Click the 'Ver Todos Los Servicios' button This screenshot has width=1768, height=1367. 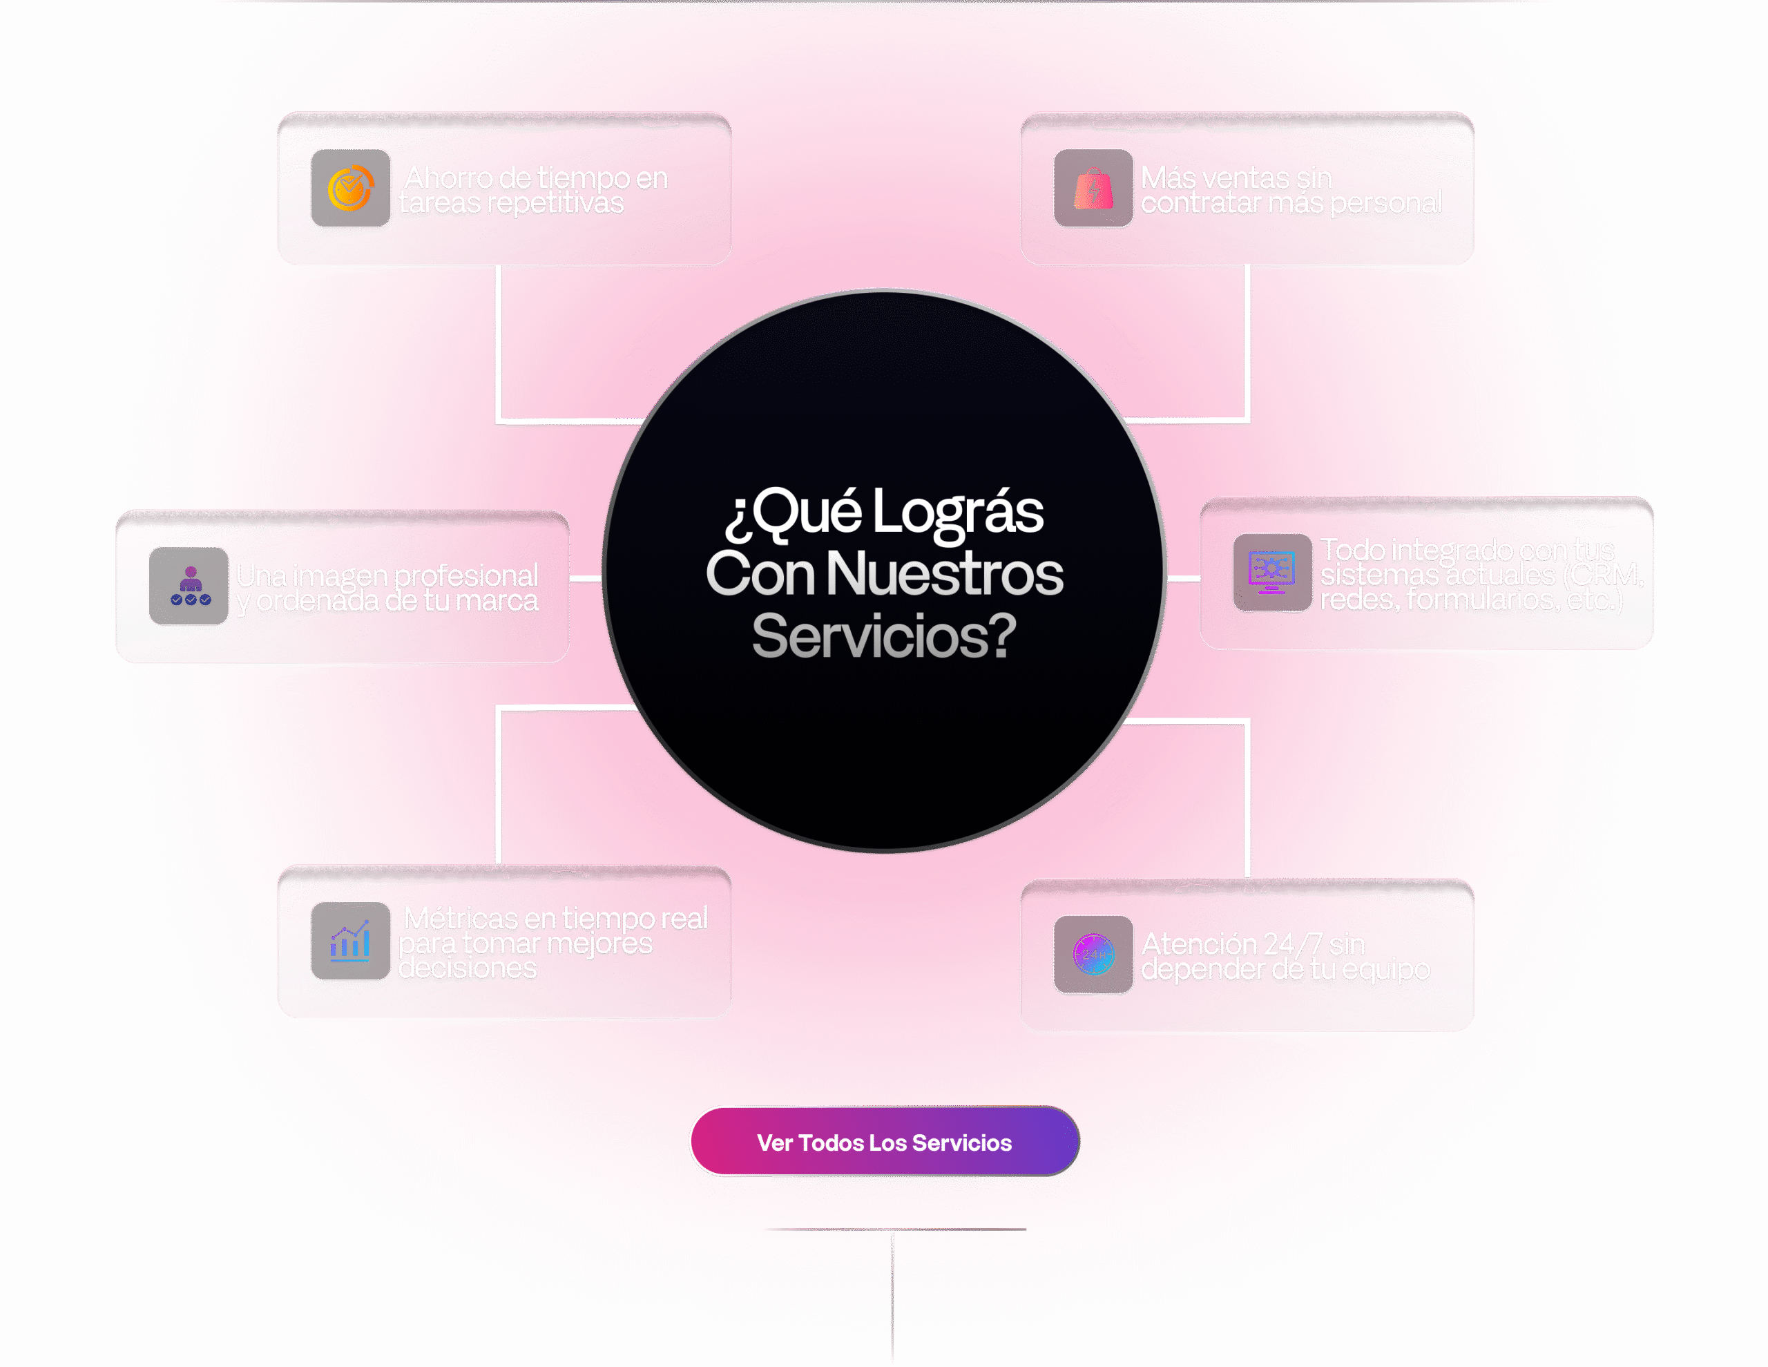883,1142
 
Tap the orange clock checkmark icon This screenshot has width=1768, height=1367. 351,189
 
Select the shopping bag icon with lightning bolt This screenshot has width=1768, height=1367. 1093,189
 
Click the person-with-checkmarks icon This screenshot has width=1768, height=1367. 189,586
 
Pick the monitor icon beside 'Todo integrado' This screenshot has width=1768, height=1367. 1271,573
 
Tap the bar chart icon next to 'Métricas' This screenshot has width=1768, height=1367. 351,941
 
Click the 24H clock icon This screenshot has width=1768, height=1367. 1093,955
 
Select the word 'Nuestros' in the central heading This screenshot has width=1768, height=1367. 944,574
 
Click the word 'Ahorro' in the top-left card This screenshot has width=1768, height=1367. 448,178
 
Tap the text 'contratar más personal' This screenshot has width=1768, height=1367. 1290,202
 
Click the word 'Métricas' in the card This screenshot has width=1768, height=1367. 460,918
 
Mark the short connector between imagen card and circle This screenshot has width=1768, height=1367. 585,578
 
